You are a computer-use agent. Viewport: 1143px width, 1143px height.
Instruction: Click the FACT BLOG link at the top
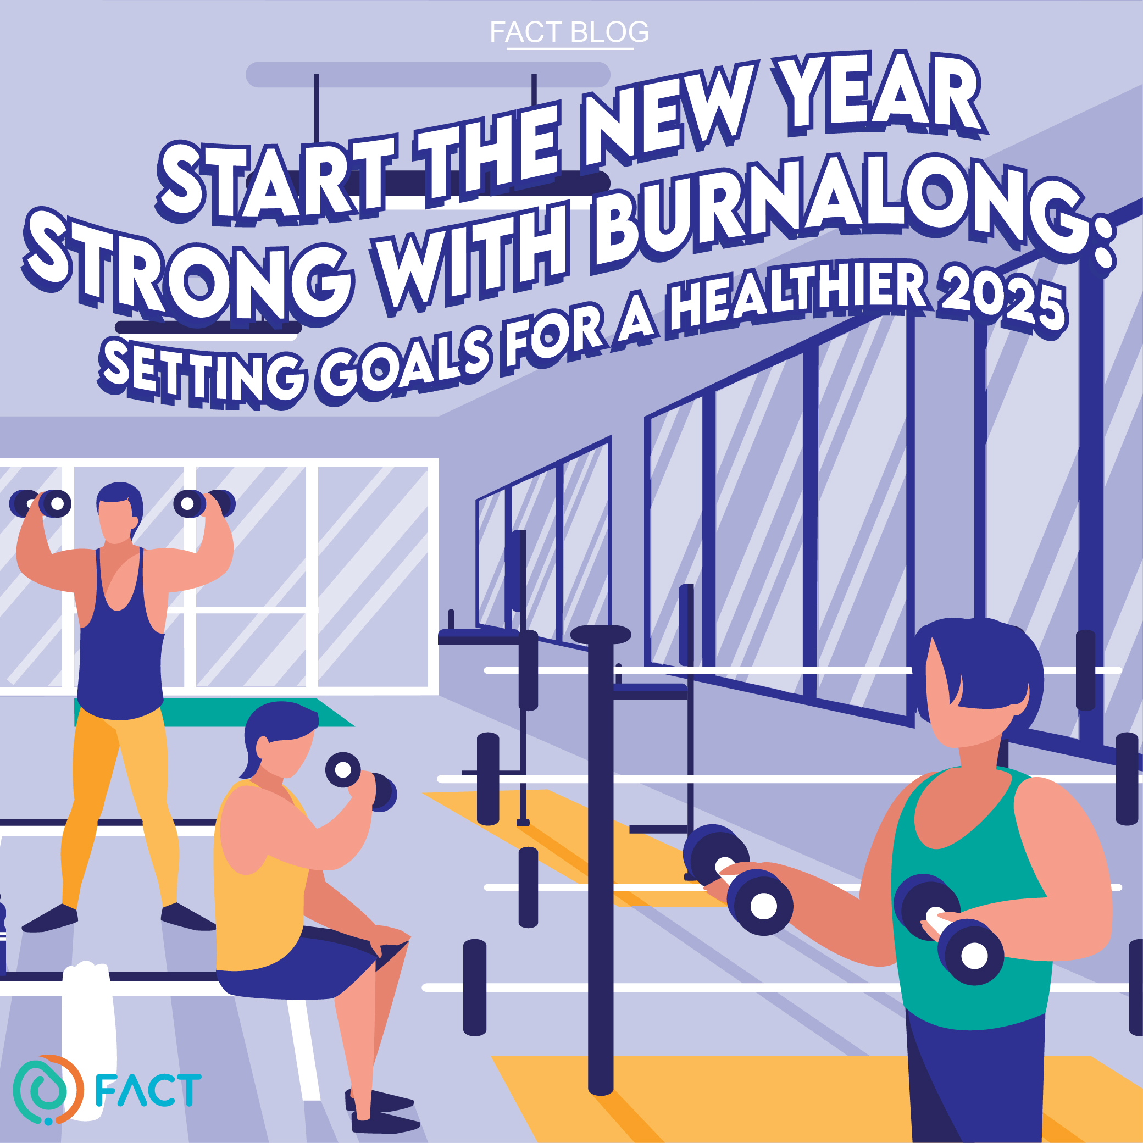(569, 32)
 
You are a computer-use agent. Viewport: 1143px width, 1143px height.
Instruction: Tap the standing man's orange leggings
(118, 811)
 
